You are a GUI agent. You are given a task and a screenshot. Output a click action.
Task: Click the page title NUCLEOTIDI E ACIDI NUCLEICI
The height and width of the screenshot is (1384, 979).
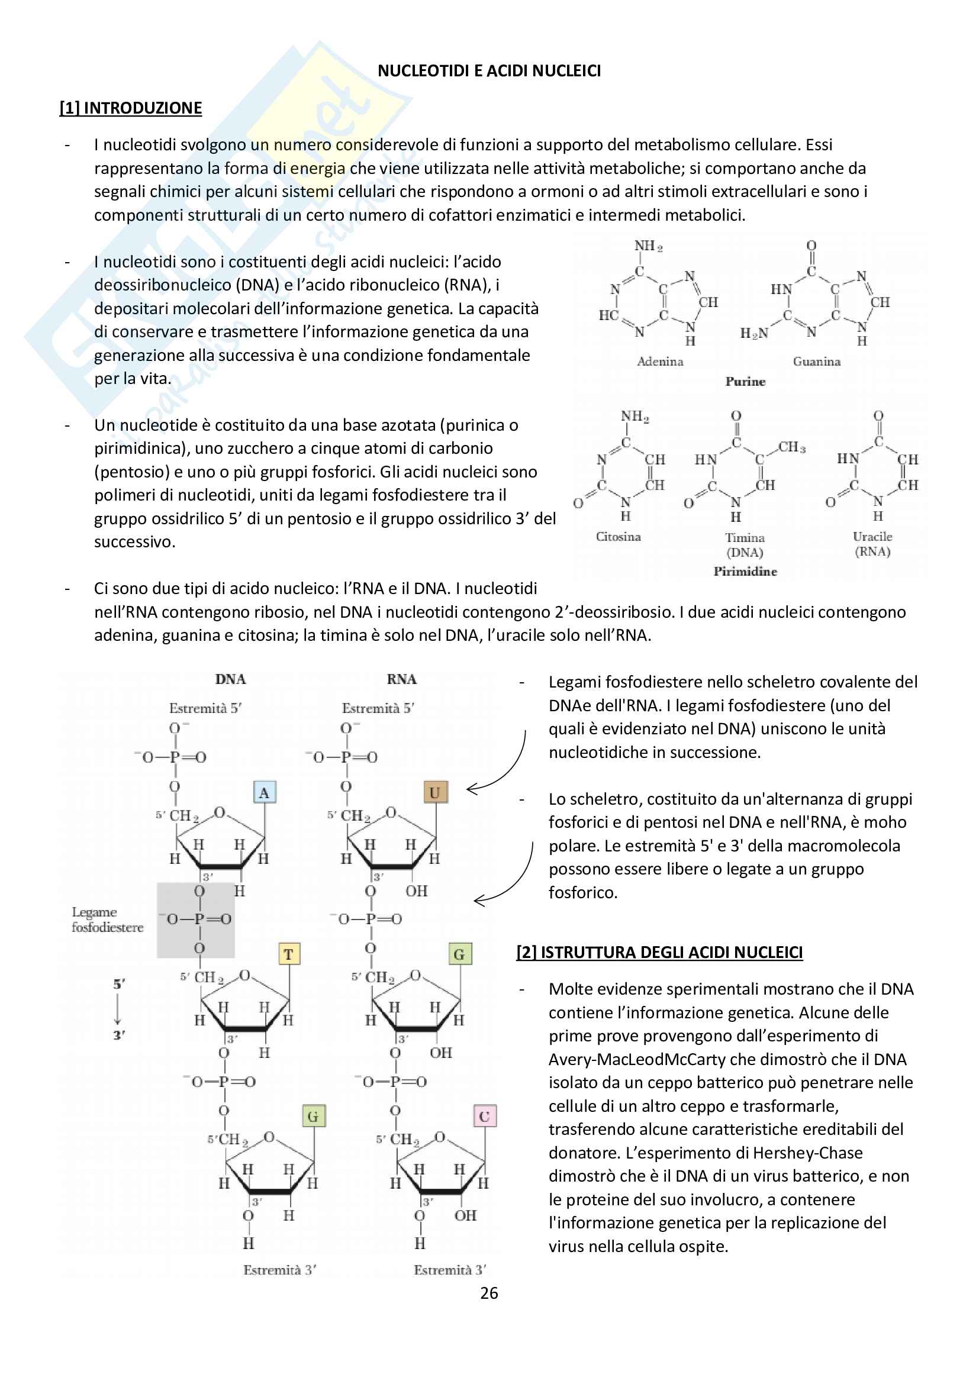[x=489, y=71]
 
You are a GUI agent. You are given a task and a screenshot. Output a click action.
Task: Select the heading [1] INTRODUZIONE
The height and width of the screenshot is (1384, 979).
[x=130, y=108]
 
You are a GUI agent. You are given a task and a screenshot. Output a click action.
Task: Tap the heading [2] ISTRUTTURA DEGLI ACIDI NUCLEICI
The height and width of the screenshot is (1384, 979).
[x=659, y=953]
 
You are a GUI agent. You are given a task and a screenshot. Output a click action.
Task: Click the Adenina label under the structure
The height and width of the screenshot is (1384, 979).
[x=660, y=362]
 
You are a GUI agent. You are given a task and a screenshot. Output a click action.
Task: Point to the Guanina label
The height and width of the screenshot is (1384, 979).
[x=816, y=362]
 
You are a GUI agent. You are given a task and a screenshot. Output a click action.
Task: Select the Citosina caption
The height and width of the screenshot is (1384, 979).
[x=618, y=537]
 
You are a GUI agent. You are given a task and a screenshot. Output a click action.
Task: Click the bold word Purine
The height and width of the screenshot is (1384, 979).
[x=745, y=382]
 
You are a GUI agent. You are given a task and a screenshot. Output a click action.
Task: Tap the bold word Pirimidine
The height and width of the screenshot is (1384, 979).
[x=745, y=572]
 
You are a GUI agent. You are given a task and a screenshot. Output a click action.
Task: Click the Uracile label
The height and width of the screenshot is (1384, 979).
[x=872, y=537]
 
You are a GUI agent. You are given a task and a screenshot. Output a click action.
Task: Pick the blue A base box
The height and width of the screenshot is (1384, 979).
[x=264, y=793]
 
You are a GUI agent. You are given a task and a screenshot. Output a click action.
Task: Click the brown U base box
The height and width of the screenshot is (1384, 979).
[x=434, y=793]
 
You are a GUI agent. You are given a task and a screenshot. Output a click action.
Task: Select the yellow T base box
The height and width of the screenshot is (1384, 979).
[x=289, y=954]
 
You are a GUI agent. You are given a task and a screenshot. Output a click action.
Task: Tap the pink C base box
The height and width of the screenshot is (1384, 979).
[x=484, y=1117]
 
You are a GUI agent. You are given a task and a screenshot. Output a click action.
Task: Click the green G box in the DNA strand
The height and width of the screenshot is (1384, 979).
[x=313, y=1117]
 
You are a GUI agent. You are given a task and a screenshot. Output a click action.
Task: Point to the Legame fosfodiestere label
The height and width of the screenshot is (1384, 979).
[x=107, y=920]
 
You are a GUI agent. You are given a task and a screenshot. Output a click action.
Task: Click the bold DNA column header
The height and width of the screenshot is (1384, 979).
[x=230, y=679]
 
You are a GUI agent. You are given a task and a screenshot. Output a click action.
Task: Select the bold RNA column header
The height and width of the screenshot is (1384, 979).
[x=401, y=679]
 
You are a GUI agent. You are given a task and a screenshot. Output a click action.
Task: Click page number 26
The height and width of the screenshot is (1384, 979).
[x=489, y=1293]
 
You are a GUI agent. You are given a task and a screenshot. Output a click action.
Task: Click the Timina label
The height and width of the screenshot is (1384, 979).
[x=745, y=538]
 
